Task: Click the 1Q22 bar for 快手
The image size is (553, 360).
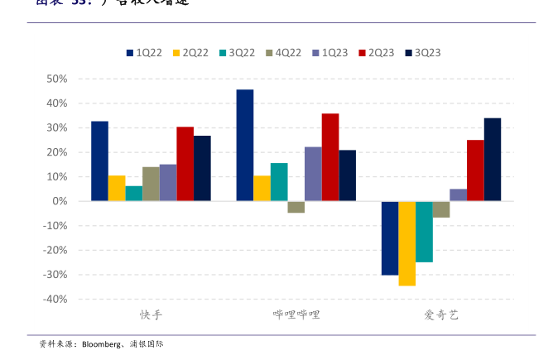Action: click(x=99, y=161)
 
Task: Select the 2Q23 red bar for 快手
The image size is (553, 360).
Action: click(x=185, y=164)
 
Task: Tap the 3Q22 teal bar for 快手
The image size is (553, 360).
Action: click(x=133, y=194)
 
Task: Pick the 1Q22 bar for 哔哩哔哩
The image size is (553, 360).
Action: click(x=244, y=145)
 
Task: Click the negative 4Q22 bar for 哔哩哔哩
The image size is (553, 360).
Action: click(x=296, y=207)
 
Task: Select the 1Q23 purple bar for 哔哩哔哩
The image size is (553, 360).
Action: click(x=313, y=174)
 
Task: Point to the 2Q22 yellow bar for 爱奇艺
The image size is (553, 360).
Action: click(x=406, y=243)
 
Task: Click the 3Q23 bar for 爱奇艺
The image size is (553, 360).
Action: click(x=492, y=160)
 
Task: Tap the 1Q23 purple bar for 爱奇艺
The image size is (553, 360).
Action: click(x=458, y=195)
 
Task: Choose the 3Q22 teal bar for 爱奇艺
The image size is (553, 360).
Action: click(x=424, y=232)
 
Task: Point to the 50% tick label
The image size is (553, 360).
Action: click(x=56, y=79)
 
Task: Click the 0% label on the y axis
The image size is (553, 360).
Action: click(x=60, y=201)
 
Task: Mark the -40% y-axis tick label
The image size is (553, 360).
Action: click(x=54, y=299)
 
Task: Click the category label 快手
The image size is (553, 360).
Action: click(x=151, y=315)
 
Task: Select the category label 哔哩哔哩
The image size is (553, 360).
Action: click(x=296, y=315)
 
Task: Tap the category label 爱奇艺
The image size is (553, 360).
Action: click(x=440, y=315)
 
